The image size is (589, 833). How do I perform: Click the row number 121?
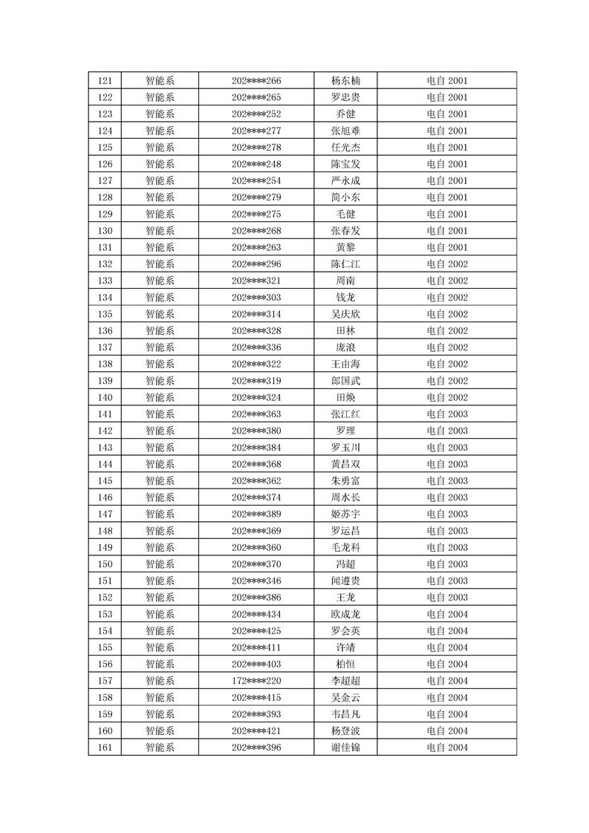[x=105, y=81]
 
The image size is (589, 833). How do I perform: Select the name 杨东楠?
[x=345, y=81]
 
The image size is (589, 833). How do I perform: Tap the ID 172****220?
[x=256, y=681]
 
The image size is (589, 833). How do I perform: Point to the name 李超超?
[x=345, y=681]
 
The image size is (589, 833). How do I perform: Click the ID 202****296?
[x=256, y=264]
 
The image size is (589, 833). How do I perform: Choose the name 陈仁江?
[x=345, y=264]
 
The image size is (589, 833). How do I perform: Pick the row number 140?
[x=105, y=397]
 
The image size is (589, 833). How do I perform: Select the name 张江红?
[x=345, y=414]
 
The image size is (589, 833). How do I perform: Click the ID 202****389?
[x=256, y=514]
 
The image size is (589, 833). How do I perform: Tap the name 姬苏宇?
[x=345, y=514]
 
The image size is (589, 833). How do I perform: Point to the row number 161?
[x=105, y=748]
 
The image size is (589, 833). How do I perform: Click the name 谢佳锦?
[x=345, y=748]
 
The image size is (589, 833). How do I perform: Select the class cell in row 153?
[x=447, y=614]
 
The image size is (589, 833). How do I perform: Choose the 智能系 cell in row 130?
[x=160, y=231]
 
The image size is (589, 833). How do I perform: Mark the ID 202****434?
[x=256, y=614]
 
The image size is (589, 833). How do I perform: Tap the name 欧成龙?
[x=345, y=614]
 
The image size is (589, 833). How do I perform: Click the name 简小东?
[x=345, y=197]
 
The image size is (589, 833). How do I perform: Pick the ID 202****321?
[x=256, y=281]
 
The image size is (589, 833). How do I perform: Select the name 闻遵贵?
[x=345, y=581]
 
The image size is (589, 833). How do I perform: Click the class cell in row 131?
[x=447, y=247]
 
